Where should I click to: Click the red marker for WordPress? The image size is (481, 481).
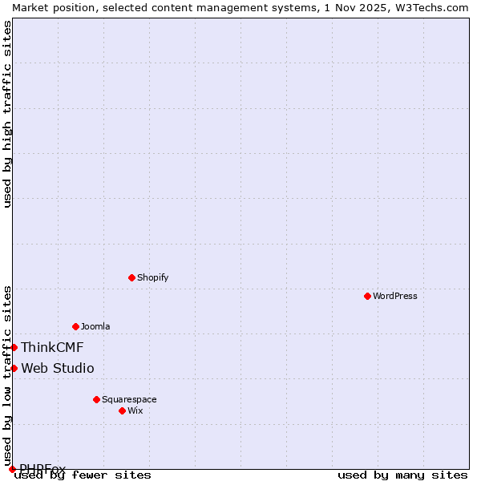pos(367,296)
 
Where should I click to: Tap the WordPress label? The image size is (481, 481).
pos(395,296)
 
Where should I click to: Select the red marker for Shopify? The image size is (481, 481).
pos(131,277)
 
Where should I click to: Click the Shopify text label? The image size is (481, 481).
pos(152,277)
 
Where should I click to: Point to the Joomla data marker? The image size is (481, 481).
pos(75,326)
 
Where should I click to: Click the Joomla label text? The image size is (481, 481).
pos(95,326)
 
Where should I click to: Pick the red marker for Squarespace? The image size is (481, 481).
pos(96,399)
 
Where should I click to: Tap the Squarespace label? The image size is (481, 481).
pos(129,399)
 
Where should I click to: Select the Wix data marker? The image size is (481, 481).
pos(122,410)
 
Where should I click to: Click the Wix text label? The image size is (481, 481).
pos(135,410)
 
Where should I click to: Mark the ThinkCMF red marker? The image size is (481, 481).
pos(14,347)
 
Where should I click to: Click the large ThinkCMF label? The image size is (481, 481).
pos(52,347)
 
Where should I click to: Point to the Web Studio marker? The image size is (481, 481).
pos(14,368)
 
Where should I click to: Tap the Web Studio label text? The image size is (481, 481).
pos(58,368)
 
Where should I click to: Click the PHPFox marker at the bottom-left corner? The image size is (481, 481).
pos(12,469)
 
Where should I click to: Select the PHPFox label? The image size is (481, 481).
pos(42,468)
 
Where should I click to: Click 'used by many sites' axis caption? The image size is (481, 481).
pos(402,475)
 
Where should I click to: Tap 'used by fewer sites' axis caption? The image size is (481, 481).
pos(83,475)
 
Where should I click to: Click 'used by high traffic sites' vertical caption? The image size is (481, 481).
pos(8,114)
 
